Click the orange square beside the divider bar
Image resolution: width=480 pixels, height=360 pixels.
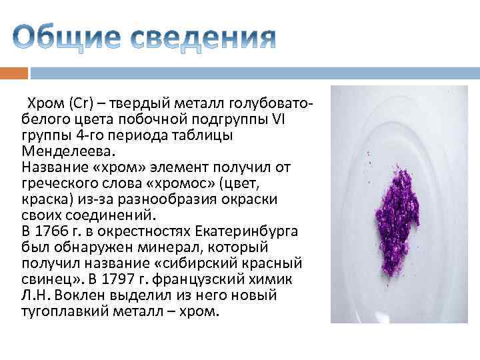14,72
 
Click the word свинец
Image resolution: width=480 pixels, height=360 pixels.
44,279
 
